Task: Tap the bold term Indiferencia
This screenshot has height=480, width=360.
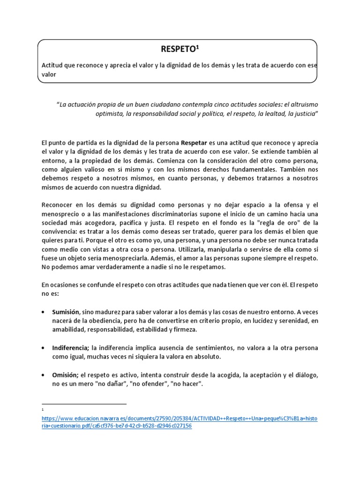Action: pos(70,348)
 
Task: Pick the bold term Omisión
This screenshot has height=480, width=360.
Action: pos(65,375)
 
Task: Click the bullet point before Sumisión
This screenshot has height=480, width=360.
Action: pos(44,311)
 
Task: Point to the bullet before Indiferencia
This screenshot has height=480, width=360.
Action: pos(44,348)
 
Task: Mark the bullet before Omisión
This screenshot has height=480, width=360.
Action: pos(44,375)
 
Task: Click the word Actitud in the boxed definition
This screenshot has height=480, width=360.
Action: pos(53,66)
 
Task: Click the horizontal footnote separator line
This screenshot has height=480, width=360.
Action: pos(84,404)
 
